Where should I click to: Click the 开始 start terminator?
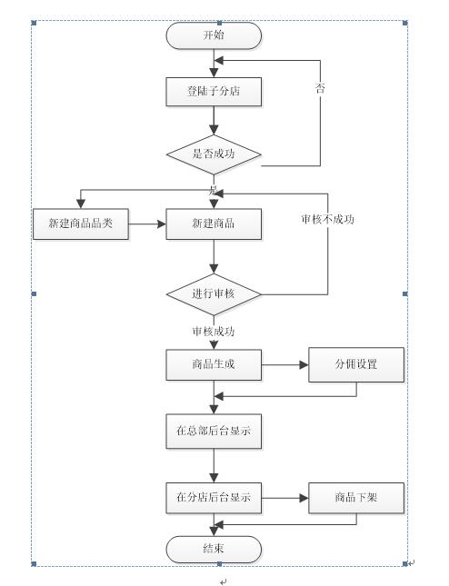click(x=214, y=35)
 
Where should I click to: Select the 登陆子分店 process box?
click(x=214, y=92)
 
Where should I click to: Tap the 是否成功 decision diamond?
click(x=214, y=154)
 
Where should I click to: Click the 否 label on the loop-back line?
click(x=320, y=88)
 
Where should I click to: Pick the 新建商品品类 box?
click(x=81, y=223)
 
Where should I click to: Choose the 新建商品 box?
click(x=214, y=223)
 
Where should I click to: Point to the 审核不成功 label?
click(x=327, y=219)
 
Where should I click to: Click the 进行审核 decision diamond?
click(x=214, y=294)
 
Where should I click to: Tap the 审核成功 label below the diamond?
click(x=214, y=331)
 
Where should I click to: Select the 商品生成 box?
click(x=214, y=364)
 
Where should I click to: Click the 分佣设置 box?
click(x=356, y=364)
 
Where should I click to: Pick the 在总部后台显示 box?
click(x=214, y=432)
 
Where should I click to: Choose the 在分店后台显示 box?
click(x=214, y=498)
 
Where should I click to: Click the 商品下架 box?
click(x=356, y=498)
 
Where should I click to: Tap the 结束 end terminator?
click(x=214, y=550)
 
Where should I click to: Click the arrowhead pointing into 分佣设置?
click(x=304, y=365)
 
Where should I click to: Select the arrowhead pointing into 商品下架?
click(x=304, y=498)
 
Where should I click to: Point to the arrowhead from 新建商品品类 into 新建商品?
click(x=162, y=224)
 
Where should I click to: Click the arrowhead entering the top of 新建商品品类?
click(x=81, y=204)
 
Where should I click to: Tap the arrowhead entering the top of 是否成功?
click(x=214, y=130)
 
